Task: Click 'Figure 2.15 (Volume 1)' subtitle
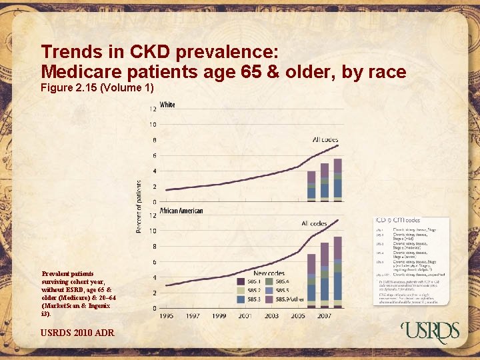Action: [97, 87]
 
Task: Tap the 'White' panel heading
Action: [167, 105]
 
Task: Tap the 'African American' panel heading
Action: [181, 211]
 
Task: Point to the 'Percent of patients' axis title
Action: [139, 207]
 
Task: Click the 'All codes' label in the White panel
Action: [325, 139]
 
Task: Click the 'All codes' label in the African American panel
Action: [314, 223]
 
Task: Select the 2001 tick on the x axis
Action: [245, 315]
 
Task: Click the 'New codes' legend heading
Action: [269, 273]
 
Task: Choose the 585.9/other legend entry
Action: [293, 300]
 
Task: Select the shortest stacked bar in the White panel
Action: [311, 185]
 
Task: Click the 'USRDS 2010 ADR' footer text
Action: [77, 332]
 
